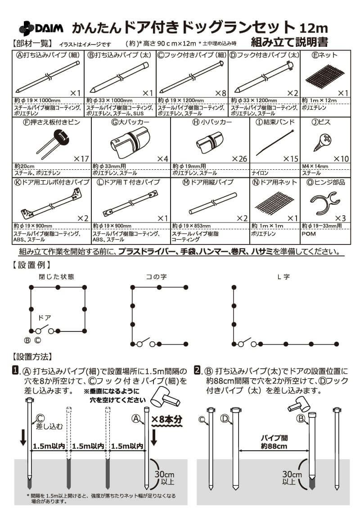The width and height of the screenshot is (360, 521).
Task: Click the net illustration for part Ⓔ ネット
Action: [x=324, y=76]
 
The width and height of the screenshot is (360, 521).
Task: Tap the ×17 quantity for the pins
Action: [x=81, y=159]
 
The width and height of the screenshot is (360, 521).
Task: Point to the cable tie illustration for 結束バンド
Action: [x=274, y=142]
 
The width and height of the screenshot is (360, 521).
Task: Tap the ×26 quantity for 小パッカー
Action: [x=240, y=159]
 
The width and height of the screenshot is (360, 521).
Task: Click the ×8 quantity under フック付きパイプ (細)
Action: [x=220, y=93]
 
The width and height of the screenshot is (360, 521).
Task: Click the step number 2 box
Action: [x=197, y=371]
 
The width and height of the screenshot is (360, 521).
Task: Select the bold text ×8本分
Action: [x=167, y=419]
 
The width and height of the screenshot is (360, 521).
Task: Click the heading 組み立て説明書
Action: [x=289, y=42]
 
